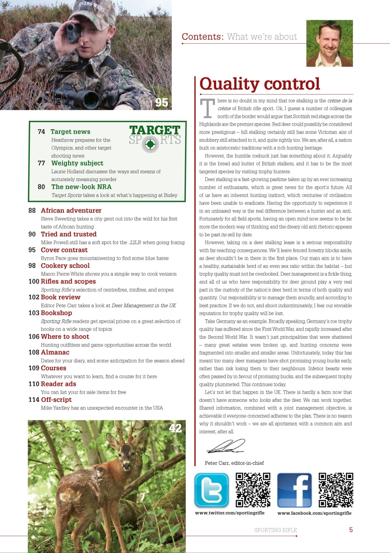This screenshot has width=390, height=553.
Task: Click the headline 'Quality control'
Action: point(260,84)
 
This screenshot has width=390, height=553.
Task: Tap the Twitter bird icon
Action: point(211,490)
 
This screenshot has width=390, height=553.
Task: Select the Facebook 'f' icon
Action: point(294,490)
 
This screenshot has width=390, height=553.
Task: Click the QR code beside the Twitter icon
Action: point(253,490)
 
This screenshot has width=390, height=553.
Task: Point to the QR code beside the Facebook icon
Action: point(336,490)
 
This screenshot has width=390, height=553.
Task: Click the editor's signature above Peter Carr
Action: point(225,446)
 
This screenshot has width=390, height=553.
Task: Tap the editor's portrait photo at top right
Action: point(330,43)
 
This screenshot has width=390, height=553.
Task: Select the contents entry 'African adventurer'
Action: point(71,211)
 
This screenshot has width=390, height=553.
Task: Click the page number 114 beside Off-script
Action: point(34,400)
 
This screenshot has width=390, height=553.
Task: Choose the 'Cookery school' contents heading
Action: point(65,266)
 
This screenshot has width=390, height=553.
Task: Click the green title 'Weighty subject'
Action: point(77,163)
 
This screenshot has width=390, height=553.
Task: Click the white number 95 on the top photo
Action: point(161,102)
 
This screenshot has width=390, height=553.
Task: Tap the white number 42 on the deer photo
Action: point(175,428)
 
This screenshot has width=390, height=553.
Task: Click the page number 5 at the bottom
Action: point(351,530)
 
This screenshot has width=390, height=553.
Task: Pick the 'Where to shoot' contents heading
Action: point(65,337)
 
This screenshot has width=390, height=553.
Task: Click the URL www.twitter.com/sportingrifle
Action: point(230,513)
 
